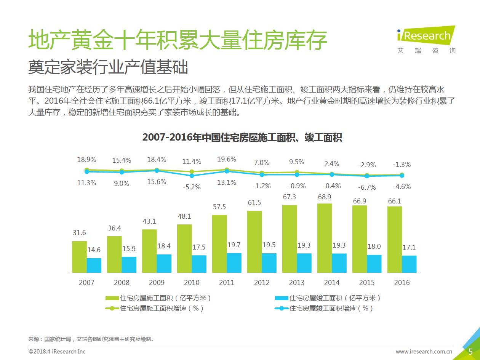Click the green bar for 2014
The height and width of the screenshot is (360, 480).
[x=325, y=238]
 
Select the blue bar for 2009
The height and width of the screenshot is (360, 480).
[x=164, y=264]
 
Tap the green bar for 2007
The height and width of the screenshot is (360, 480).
[x=79, y=257]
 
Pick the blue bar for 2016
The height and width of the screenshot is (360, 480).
[x=409, y=264]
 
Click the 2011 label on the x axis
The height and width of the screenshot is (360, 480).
[x=227, y=283]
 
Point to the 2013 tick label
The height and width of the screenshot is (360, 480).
[x=297, y=283]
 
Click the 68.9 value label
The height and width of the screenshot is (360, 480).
[x=324, y=197]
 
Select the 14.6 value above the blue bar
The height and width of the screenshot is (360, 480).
[x=94, y=250]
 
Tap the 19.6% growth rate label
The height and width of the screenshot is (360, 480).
[x=227, y=159]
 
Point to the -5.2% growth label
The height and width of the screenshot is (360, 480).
[x=192, y=187]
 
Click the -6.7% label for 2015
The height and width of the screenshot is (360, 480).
[x=366, y=187]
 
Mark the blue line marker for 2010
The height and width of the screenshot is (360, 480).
[x=192, y=176]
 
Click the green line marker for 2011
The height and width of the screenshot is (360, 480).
[x=227, y=170]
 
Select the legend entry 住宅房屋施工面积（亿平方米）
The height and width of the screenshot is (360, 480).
[x=158, y=298]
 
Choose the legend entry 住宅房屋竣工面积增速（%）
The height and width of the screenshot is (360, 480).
[x=324, y=308]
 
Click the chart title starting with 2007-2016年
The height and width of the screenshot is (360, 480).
[x=242, y=138]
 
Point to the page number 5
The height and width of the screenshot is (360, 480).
[x=470, y=351]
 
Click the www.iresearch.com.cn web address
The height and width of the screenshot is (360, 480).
[x=424, y=352]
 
